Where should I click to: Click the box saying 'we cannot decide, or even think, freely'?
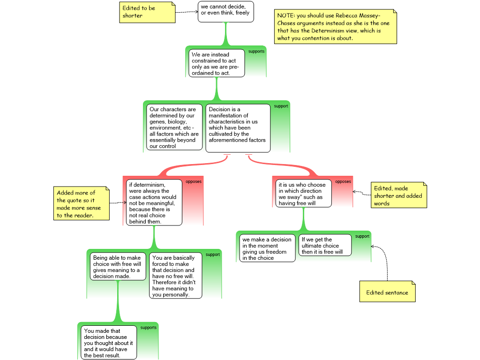tap(225, 11)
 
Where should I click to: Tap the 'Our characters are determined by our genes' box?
tap(174, 127)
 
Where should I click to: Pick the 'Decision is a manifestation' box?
tap(238, 127)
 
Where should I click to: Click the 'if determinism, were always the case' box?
tap(154, 202)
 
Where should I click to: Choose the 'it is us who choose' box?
tap(303, 193)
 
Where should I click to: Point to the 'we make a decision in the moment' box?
tap(268, 248)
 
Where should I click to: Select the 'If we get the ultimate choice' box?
tap(325, 245)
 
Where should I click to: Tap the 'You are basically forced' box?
tap(175, 276)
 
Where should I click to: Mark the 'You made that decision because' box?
tap(109, 343)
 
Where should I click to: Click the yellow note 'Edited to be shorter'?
tap(147, 12)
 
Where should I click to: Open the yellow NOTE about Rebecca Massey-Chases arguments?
tap(336, 27)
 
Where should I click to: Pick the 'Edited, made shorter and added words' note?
tap(399, 195)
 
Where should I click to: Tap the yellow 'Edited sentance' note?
tap(387, 292)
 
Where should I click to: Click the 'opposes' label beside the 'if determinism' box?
tap(194, 181)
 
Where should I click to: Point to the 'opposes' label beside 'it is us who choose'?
tap(343, 181)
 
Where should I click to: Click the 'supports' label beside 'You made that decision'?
tap(149, 328)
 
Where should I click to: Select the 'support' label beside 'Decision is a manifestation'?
tap(281, 106)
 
